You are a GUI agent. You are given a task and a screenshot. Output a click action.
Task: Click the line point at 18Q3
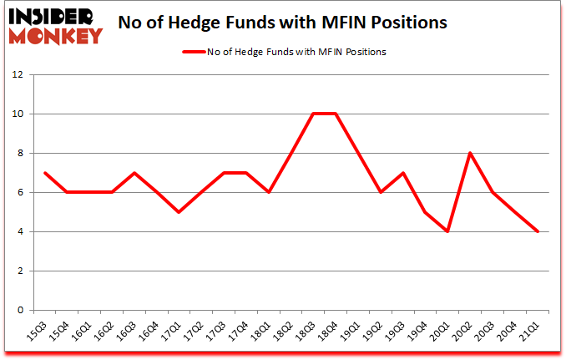coord(312,114)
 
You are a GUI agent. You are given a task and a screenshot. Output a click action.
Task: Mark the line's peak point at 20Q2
coord(470,153)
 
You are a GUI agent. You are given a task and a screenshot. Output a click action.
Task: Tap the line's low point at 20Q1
coord(447,231)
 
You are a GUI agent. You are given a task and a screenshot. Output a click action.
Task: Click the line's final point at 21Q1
coord(538,231)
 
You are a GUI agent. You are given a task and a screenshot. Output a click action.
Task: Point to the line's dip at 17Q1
coord(178,212)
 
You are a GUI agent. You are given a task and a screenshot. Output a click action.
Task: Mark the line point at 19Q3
coord(402,173)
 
